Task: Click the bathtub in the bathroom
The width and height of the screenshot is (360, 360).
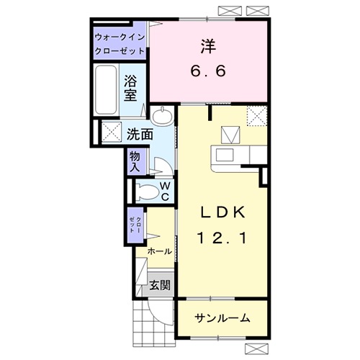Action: point(106,89)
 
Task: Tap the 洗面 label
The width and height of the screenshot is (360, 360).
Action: point(140,134)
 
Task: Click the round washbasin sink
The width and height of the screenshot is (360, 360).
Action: point(164,115)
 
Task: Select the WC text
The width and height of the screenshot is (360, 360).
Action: point(165,190)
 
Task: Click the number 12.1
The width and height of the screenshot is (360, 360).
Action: point(223,237)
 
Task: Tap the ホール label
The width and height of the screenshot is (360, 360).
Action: point(159,251)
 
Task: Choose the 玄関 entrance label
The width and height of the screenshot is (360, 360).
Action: point(160,285)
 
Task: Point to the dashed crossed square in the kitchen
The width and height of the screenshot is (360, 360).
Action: point(257,116)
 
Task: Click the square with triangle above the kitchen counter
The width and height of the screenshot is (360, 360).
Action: point(230,135)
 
